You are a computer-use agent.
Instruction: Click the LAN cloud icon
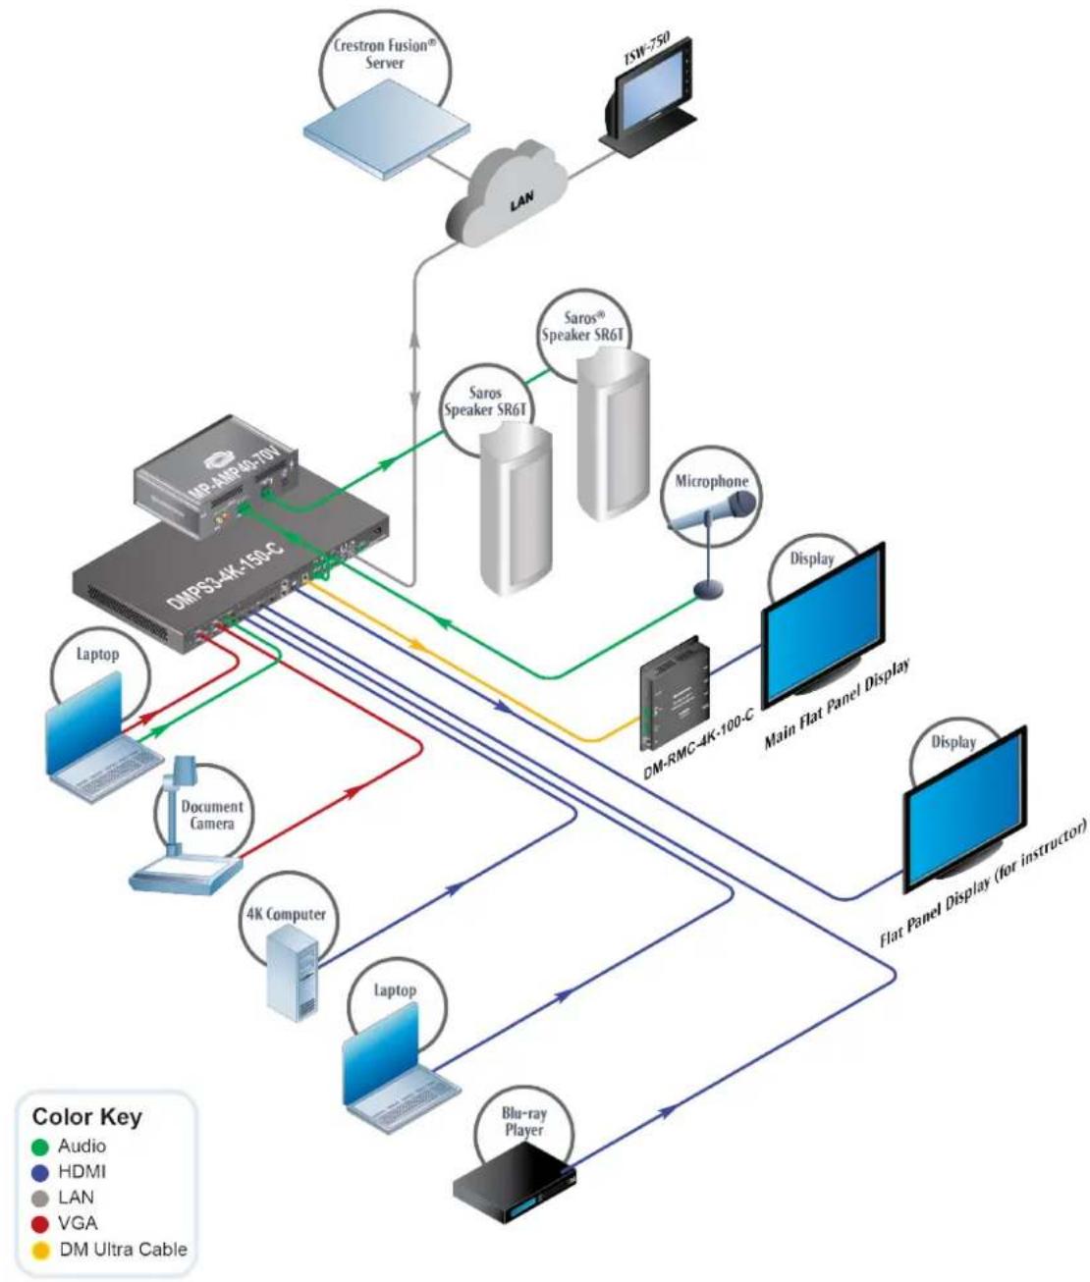[x=507, y=193]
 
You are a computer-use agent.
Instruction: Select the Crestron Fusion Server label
[x=381, y=54]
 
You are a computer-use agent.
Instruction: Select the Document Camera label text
[x=212, y=815]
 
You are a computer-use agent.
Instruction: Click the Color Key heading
[x=86, y=1116]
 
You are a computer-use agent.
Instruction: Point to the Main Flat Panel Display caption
[x=837, y=703]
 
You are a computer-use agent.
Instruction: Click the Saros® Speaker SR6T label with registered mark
[x=582, y=327]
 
